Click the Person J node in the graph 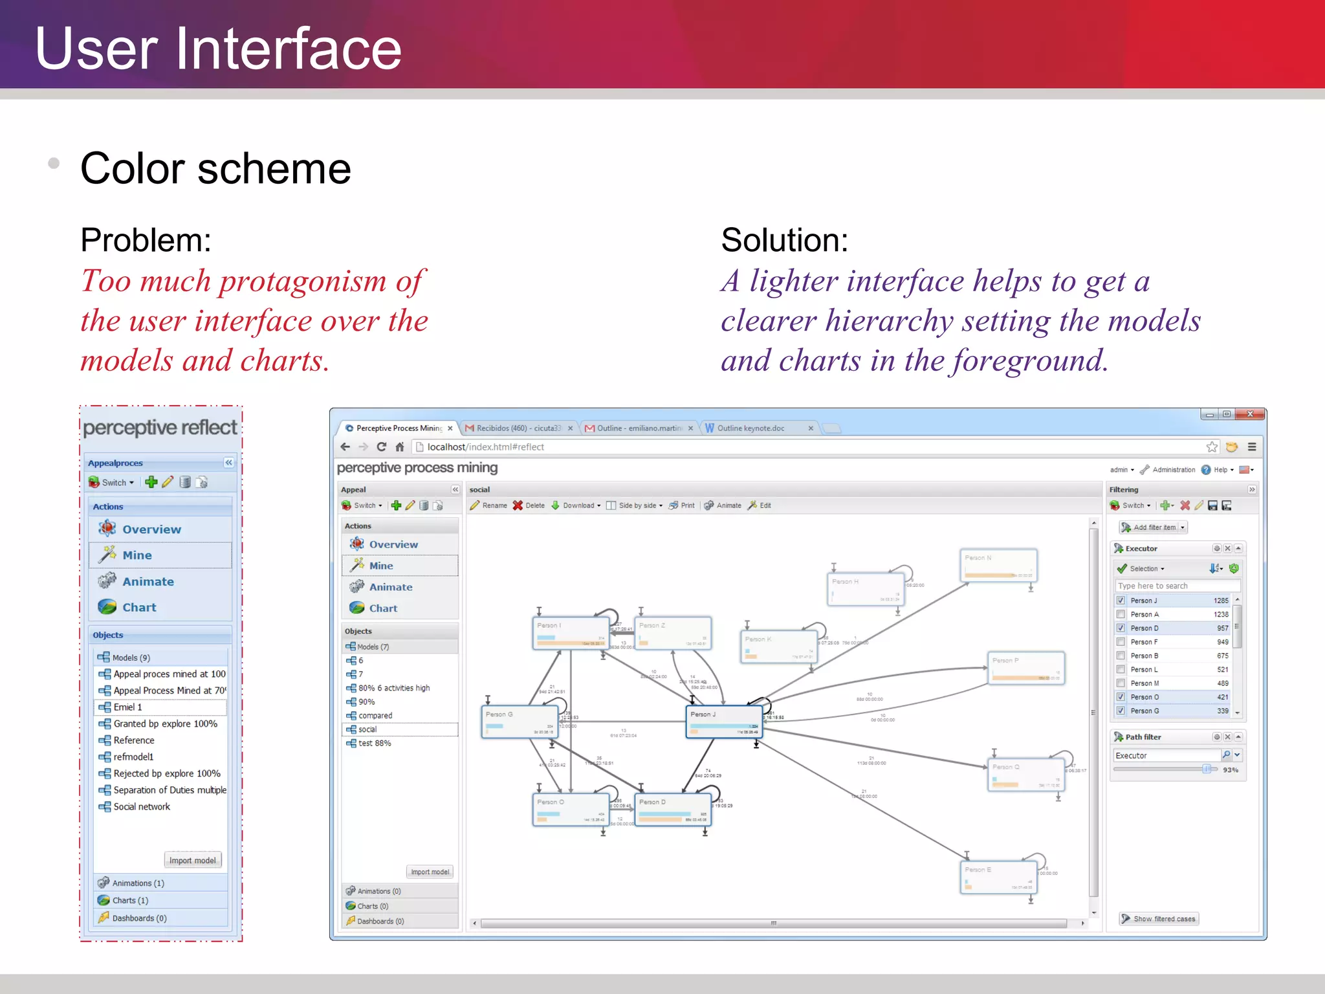pyautogui.click(x=723, y=721)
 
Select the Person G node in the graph pyautogui.click(x=520, y=721)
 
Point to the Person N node pyautogui.click(x=998, y=565)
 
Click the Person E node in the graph pyautogui.click(x=998, y=877)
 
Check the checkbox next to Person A pyautogui.click(x=1121, y=614)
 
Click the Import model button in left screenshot pyautogui.click(x=192, y=860)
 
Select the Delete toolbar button pyautogui.click(x=529, y=505)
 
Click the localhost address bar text pyautogui.click(x=485, y=447)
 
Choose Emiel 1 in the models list pyautogui.click(x=127, y=707)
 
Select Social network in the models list pyautogui.click(x=142, y=806)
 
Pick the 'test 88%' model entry pyautogui.click(x=375, y=743)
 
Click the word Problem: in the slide pyautogui.click(x=146, y=240)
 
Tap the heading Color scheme pyautogui.click(x=215, y=168)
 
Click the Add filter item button pyautogui.click(x=1153, y=527)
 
